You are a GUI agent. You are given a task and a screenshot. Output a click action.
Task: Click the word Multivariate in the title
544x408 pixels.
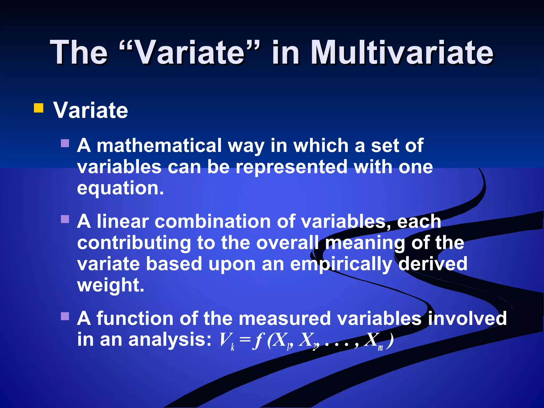point(402,52)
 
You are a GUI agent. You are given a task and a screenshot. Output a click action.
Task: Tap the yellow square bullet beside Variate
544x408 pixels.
point(39,108)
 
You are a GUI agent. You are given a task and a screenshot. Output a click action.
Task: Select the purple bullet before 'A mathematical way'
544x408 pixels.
point(65,143)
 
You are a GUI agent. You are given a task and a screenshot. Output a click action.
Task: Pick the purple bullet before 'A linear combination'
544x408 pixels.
point(65,219)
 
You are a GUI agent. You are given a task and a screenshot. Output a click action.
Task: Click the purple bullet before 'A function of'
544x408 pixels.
point(65,316)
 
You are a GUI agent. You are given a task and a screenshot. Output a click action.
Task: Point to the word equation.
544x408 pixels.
point(120,188)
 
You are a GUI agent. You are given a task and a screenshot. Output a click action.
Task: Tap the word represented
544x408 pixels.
point(291,167)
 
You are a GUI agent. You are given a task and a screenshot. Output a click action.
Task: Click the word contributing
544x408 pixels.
point(134,243)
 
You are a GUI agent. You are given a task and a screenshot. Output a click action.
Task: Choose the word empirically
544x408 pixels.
point(341,264)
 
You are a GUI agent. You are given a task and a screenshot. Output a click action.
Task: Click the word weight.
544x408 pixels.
point(110,285)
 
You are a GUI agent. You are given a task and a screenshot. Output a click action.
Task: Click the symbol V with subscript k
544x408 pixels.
point(226,341)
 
